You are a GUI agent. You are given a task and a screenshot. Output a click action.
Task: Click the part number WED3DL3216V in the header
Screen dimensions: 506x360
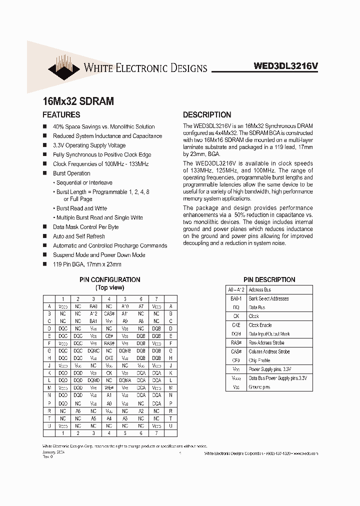click(285, 65)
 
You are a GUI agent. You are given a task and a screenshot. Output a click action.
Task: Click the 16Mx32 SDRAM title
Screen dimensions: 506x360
click(78, 101)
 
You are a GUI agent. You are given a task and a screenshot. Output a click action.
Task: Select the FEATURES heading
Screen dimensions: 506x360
click(61, 115)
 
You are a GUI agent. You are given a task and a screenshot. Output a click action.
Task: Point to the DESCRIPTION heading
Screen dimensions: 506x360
click(207, 115)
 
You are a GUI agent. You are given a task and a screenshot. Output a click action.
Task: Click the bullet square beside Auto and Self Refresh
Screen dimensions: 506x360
click(45, 236)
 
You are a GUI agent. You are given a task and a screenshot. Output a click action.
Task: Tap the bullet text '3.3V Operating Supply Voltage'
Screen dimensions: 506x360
click(89, 145)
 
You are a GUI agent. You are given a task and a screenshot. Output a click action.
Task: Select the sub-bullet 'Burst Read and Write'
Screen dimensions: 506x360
click(81, 208)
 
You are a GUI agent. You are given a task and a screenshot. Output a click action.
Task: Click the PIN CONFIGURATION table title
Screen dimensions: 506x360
click(109, 280)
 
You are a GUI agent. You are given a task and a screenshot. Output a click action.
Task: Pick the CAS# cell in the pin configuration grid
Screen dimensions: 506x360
click(109, 314)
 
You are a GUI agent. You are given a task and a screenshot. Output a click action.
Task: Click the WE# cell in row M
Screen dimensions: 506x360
click(109, 387)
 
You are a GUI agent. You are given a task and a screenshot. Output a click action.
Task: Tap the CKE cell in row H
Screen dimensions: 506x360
click(109, 358)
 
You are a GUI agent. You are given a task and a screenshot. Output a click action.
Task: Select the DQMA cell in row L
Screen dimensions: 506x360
click(125, 380)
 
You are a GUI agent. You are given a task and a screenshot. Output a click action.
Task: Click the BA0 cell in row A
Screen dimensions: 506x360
click(93, 306)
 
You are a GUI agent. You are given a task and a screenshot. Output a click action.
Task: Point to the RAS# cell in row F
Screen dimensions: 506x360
click(109, 343)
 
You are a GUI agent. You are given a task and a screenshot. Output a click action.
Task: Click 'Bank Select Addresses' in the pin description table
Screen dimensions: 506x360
click(268, 298)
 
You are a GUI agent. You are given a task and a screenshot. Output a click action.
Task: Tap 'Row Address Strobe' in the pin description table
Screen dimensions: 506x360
click(267, 343)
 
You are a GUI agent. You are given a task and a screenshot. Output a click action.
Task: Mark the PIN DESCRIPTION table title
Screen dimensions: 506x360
click(269, 280)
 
